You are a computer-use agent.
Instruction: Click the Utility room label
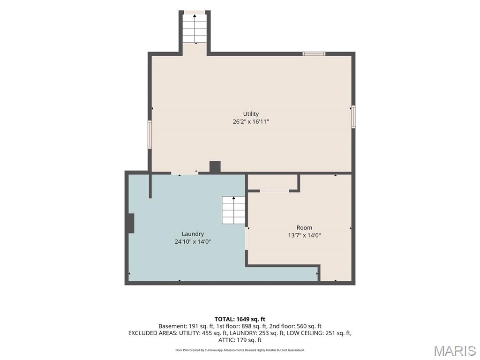pyautogui.click(x=251, y=114)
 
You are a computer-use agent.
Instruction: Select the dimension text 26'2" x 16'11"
pyautogui.click(x=251, y=121)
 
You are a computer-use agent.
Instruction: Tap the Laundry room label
pyautogui.click(x=193, y=234)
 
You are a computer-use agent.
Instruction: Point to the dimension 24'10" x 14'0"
pyautogui.click(x=193, y=241)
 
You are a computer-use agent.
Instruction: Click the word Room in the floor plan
pyautogui.click(x=304, y=227)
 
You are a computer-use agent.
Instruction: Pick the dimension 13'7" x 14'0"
pyautogui.click(x=304, y=235)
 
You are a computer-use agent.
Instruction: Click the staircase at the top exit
pyautogui.click(x=195, y=28)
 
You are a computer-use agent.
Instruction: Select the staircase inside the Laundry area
pyautogui.click(x=233, y=210)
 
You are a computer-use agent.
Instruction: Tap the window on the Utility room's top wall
pyautogui.click(x=314, y=54)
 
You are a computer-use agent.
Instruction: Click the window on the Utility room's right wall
pyautogui.click(x=353, y=116)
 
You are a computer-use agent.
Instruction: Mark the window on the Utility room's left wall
pyautogui.click(x=150, y=135)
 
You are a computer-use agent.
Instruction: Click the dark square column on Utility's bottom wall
pyautogui.click(x=215, y=167)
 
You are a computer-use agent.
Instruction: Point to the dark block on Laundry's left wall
pyautogui.click(x=131, y=223)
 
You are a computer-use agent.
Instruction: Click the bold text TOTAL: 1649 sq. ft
pyautogui.click(x=240, y=319)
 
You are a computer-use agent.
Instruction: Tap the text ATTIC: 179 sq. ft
pyautogui.click(x=240, y=340)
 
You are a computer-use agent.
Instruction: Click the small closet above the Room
pyautogui.click(x=272, y=182)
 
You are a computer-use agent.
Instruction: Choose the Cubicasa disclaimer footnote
pyautogui.click(x=240, y=350)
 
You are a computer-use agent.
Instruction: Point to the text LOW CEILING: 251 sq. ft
pyautogui.click(x=319, y=333)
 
